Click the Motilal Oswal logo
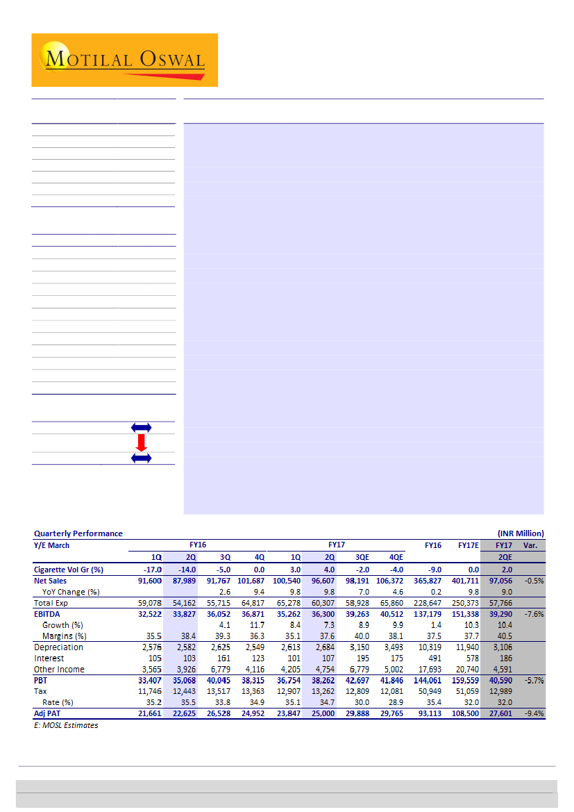click(125, 60)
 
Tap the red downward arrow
click(142, 442)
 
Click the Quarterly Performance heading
click(78, 533)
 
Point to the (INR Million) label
click(521, 533)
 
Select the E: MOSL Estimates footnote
click(66, 725)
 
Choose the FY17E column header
click(469, 545)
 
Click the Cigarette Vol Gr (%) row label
click(69, 570)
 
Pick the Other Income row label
click(60, 670)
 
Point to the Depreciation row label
click(58, 647)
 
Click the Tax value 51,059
click(466, 692)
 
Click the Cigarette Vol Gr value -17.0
click(151, 570)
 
